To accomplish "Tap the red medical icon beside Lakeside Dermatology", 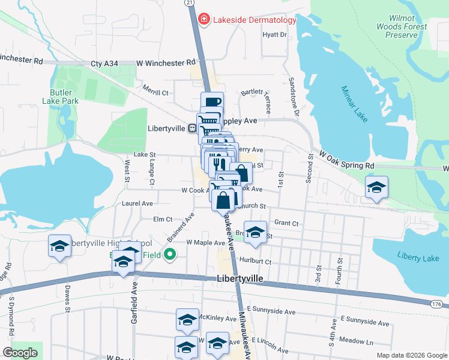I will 204,20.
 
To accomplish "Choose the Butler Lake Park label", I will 61,97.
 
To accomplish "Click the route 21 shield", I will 190,3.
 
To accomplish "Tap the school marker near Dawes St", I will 59,247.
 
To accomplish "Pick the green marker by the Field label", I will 170,254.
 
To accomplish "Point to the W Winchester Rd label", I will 166,62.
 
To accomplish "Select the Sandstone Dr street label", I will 294,96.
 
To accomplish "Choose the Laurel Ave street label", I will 137,204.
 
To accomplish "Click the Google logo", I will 20,353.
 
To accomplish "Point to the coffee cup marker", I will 212,103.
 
